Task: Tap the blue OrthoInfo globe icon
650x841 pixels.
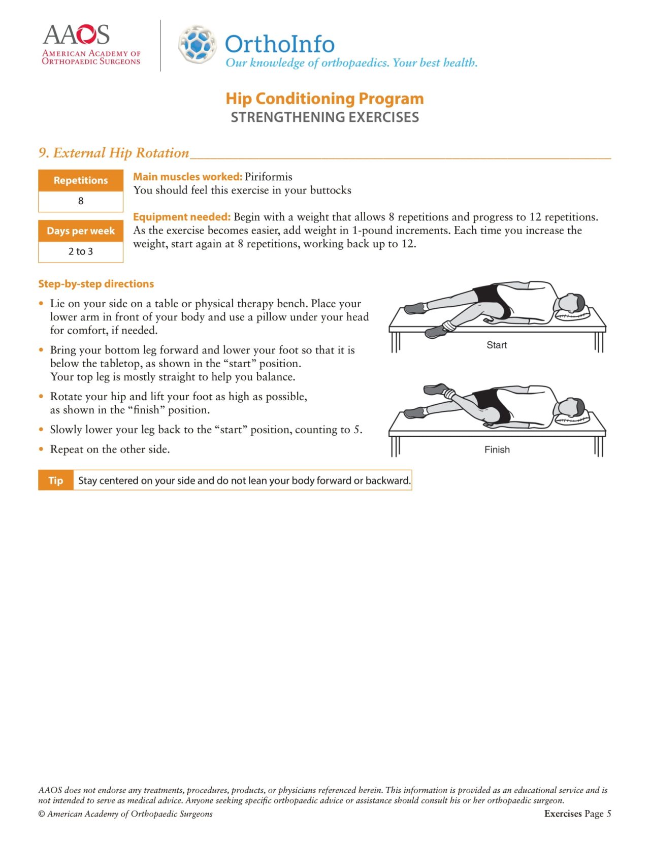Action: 197,44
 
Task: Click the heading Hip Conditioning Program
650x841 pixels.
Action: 324,99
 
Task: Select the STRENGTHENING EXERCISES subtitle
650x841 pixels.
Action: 324,117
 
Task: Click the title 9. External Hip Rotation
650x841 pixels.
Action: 114,153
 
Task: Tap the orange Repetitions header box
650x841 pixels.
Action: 81,180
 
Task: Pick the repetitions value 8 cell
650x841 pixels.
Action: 81,201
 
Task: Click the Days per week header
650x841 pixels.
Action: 81,231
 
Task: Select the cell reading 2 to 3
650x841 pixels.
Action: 81,251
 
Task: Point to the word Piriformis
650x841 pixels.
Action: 268,177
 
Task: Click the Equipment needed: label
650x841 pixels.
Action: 182,217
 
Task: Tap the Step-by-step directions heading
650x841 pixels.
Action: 96,284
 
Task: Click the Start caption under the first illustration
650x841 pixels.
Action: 496,345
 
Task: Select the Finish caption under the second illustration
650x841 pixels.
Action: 497,450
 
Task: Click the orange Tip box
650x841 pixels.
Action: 56,480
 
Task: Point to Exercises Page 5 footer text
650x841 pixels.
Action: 577,814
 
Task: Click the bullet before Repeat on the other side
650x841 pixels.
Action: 41,449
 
